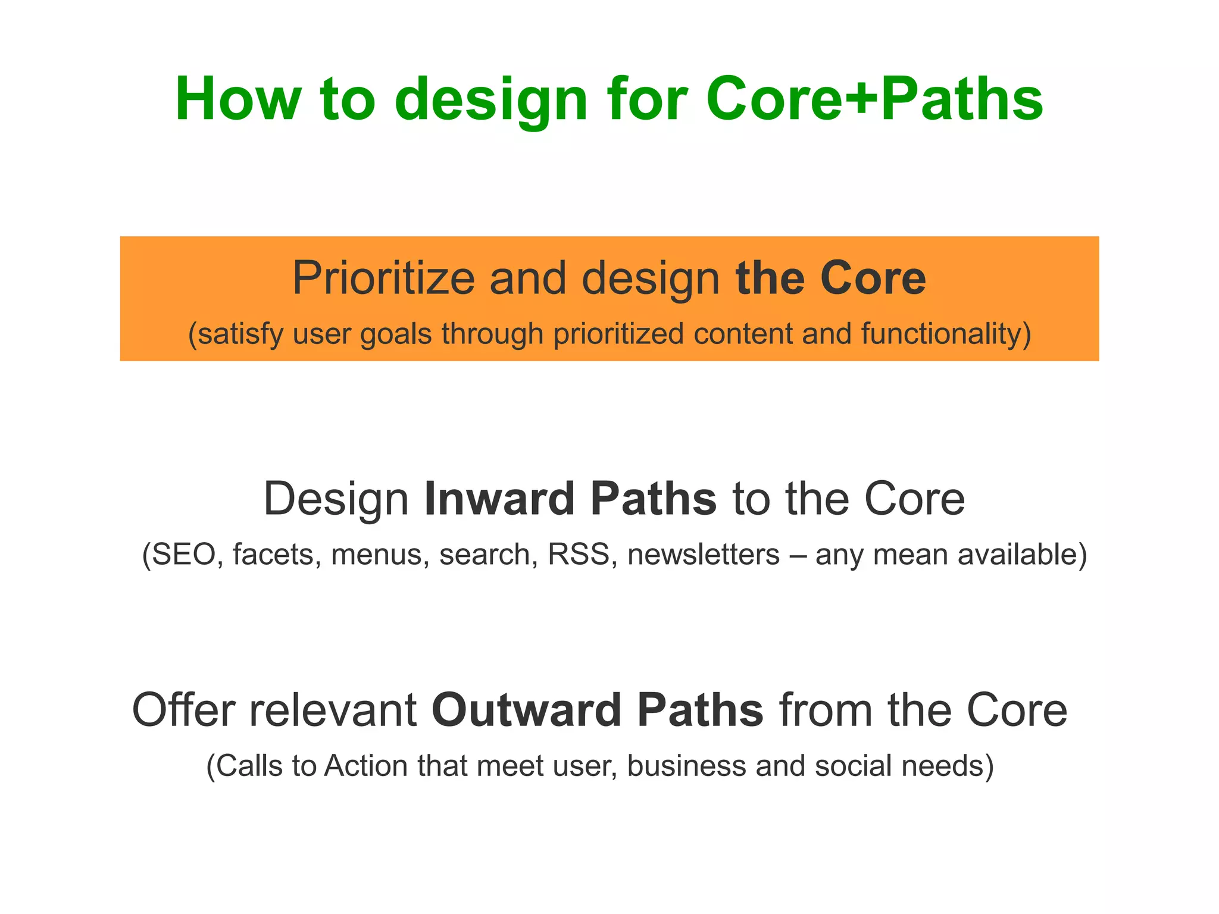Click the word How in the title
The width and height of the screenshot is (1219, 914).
[238, 99]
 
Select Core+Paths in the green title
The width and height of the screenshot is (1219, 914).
[874, 99]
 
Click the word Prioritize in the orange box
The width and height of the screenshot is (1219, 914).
[383, 278]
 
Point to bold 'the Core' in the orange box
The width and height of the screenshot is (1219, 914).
[830, 278]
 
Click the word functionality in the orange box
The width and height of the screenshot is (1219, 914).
[945, 334]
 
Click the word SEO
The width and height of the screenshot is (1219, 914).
[183, 555]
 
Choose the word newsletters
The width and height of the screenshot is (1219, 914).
[703, 555]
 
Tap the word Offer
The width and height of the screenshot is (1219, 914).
[183, 710]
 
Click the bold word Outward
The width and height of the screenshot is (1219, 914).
[526, 710]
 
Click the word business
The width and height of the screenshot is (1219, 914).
[686, 766]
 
